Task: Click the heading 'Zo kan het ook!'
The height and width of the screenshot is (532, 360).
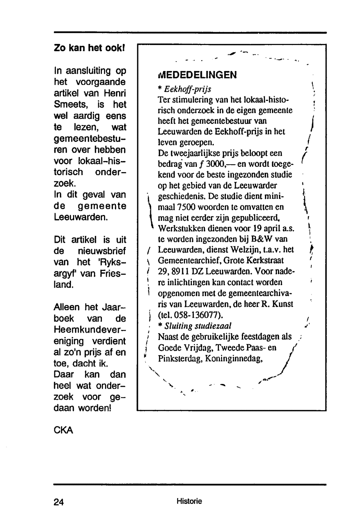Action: (89, 48)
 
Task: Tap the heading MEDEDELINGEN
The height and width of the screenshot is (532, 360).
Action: (197, 75)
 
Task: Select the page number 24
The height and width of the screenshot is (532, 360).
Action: (59, 502)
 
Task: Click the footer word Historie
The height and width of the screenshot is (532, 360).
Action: (189, 501)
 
